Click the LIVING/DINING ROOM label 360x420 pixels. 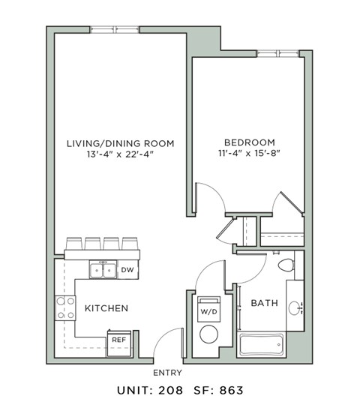(120, 142)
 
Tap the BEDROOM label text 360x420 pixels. (249, 142)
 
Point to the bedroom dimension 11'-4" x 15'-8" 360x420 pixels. (249, 154)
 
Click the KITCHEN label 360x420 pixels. (106, 308)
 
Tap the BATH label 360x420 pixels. (264, 303)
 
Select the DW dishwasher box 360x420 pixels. (127, 270)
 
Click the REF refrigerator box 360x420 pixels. (118, 340)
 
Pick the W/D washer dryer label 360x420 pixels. (207, 310)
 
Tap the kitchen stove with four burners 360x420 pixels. (66, 307)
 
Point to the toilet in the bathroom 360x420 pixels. (286, 265)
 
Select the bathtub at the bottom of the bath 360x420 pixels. (261, 346)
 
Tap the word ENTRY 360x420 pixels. (167, 372)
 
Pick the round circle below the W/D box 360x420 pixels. (207, 334)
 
